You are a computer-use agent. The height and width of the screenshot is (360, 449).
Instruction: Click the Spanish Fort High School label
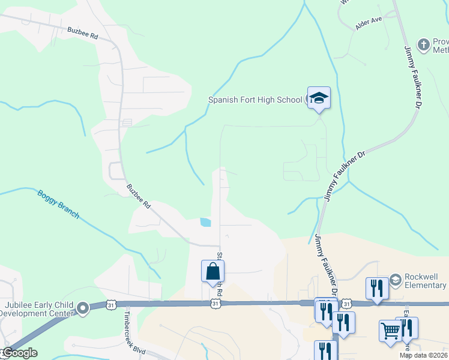point(255,100)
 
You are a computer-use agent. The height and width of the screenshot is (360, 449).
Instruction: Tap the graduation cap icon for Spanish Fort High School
point(319,98)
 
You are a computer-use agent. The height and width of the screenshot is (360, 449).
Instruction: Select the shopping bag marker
point(212,271)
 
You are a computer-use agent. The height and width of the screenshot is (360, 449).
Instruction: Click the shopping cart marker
point(390,331)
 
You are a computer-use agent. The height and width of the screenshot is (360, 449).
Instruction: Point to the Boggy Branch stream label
point(58,205)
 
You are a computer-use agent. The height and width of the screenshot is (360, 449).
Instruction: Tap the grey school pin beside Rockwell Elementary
point(395,280)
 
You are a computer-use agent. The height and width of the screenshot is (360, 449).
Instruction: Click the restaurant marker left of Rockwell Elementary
point(377,287)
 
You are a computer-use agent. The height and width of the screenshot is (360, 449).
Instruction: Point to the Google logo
point(20,353)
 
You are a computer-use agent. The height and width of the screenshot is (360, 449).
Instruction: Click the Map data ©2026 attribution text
point(423,355)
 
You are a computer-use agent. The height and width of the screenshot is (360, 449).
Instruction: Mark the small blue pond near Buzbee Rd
point(205,222)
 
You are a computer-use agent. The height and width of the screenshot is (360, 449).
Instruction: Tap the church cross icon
point(424,44)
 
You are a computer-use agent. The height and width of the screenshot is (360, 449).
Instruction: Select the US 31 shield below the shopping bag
point(215,304)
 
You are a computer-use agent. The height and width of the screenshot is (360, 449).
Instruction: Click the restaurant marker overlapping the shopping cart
point(408,328)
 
